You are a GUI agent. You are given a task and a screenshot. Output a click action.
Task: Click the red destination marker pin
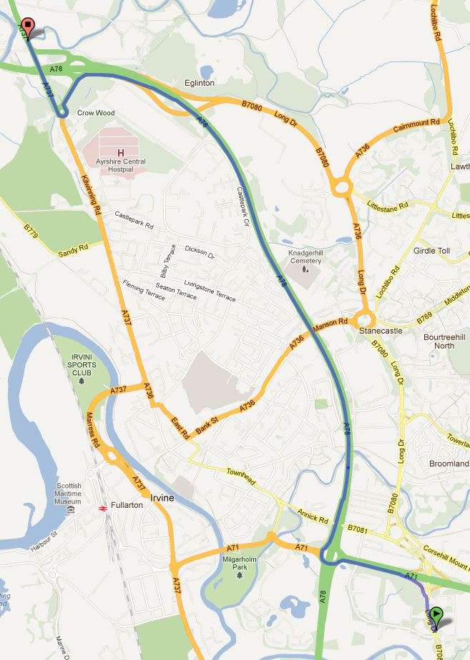27,27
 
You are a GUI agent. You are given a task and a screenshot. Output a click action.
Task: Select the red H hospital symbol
120,152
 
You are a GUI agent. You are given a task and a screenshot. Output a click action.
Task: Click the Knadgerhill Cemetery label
305,256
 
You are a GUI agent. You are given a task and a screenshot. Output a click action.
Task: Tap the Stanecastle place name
401,331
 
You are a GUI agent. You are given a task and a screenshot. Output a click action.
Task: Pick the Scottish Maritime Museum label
69,493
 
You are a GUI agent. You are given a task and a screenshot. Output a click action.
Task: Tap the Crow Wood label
96,113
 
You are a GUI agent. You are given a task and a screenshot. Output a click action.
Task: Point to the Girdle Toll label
431,251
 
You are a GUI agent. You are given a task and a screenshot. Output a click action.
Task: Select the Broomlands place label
449,464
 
